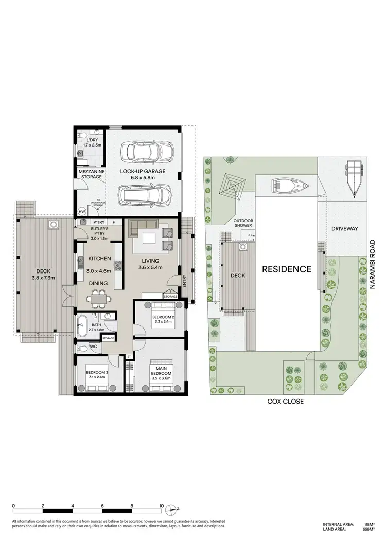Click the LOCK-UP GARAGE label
click(x=143, y=171)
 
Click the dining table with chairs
click(x=98, y=298)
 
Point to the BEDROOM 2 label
click(x=163, y=317)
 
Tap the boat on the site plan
click(x=291, y=185)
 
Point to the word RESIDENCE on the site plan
click(x=287, y=269)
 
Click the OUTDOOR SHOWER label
click(x=243, y=223)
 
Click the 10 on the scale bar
click(x=162, y=506)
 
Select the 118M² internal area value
click(x=369, y=524)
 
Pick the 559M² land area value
click(x=369, y=530)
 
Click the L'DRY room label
click(x=90, y=141)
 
